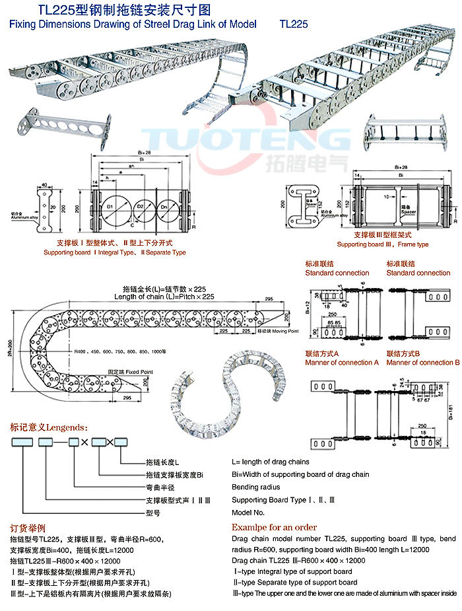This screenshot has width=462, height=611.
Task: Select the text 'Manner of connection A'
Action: tap(342, 363)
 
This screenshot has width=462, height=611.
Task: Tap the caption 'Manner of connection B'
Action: tap(422, 363)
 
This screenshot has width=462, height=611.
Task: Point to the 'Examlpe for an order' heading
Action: tap(274, 527)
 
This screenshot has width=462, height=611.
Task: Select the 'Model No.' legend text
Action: tap(248, 512)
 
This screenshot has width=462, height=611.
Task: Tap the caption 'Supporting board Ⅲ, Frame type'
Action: tap(391, 244)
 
